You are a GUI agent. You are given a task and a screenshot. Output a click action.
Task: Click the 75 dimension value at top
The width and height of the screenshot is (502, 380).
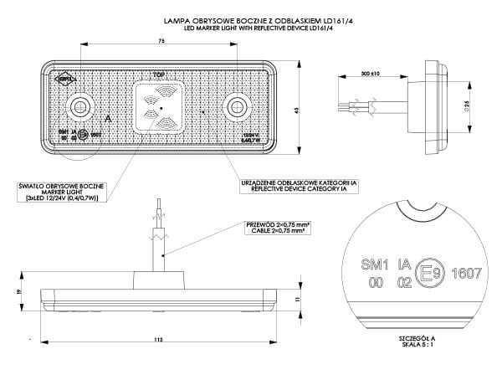(x=159, y=40)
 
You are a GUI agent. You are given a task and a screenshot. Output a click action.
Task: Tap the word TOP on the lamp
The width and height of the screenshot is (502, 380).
(x=159, y=74)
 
